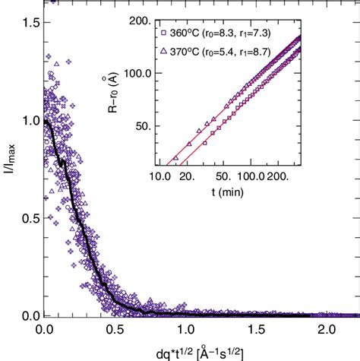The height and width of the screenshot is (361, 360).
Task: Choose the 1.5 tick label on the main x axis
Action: (x=255, y=331)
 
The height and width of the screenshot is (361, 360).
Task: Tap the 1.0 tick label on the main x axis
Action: (x=185, y=331)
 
